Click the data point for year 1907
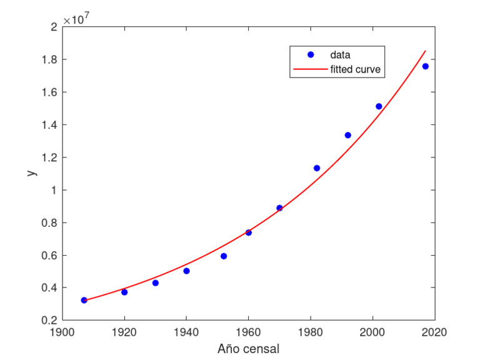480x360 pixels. pyautogui.click(x=84, y=300)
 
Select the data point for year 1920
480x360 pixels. pyautogui.click(x=124, y=292)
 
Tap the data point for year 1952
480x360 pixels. pyautogui.click(x=224, y=256)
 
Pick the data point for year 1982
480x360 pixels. pyautogui.click(x=317, y=168)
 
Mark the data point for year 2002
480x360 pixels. pyautogui.click(x=379, y=106)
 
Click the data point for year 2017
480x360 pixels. pyautogui.click(x=426, y=66)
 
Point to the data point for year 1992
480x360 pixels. pyautogui.click(x=348, y=135)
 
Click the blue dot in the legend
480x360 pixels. pyautogui.click(x=311, y=55)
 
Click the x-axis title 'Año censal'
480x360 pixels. pyautogui.click(x=248, y=348)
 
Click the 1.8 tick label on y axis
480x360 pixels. pyautogui.click(x=51, y=60)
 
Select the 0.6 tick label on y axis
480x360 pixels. pyautogui.click(x=51, y=256)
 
